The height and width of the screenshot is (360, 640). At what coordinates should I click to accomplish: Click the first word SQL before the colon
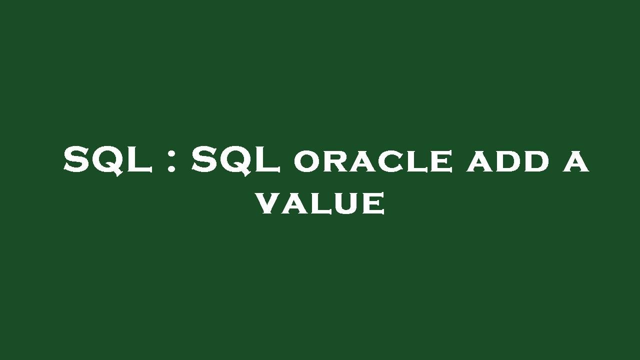click(x=107, y=160)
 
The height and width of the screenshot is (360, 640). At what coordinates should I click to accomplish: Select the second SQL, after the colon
click(x=235, y=160)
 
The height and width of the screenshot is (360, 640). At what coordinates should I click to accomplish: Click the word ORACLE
click(x=373, y=162)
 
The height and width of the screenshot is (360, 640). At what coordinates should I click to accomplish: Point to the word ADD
click(x=508, y=162)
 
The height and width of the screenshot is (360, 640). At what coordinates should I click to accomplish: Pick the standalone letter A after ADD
click(x=576, y=162)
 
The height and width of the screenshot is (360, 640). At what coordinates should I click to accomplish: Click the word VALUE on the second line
click(x=320, y=203)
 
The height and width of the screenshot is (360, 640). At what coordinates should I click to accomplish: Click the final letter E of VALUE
click(x=373, y=203)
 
